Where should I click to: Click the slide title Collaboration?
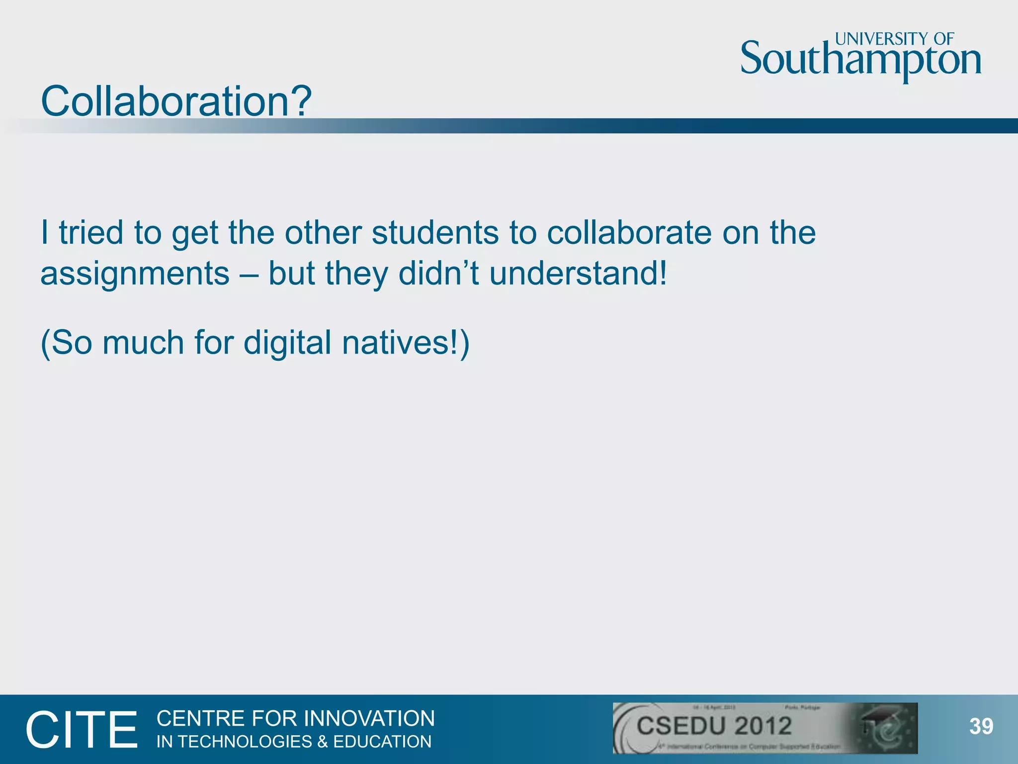[x=176, y=101]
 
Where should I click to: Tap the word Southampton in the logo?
[x=860, y=60]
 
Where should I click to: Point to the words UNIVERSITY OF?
[x=894, y=39]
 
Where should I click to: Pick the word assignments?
[x=135, y=275]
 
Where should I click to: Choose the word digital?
[x=287, y=343]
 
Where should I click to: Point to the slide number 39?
[x=981, y=727]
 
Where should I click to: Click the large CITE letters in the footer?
[x=82, y=730]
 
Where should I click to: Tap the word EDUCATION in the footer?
[x=382, y=742]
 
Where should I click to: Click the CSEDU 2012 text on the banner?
[x=714, y=726]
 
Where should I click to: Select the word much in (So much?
[x=143, y=343]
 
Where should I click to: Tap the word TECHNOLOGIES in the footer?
[x=245, y=742]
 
